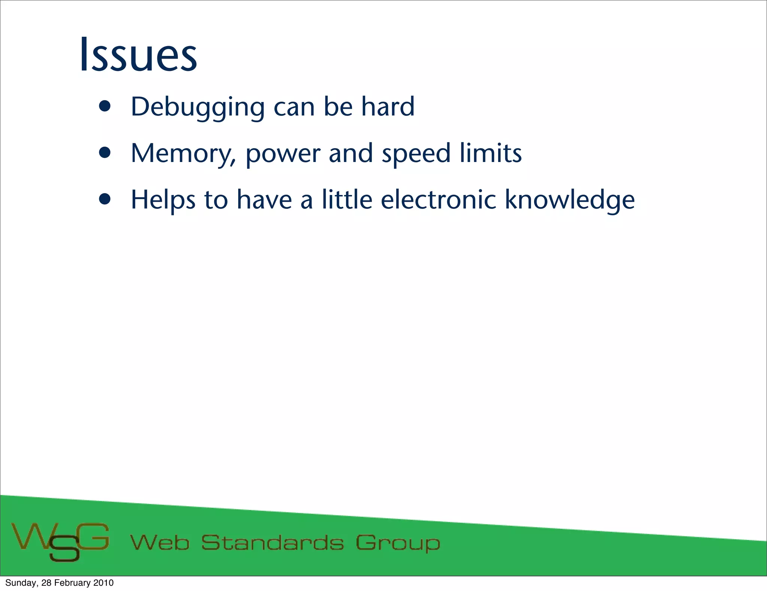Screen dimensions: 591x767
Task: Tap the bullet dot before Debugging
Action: [x=105, y=106]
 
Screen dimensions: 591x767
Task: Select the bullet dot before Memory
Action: [x=105, y=153]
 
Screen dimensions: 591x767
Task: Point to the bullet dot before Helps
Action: [x=105, y=199]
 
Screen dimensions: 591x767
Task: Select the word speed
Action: [x=416, y=154]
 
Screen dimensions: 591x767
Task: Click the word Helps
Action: [x=163, y=200]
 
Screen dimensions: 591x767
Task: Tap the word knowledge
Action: [x=570, y=200]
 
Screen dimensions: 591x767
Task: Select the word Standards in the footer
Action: [x=272, y=543]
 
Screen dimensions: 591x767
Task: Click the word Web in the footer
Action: [x=160, y=543]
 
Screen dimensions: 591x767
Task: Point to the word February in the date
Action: [x=73, y=583]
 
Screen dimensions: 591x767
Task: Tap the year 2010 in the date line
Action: [x=104, y=583]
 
